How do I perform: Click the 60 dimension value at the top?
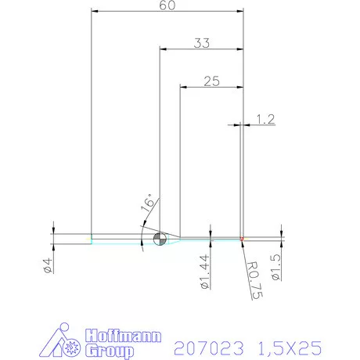pyautogui.click(x=166, y=5)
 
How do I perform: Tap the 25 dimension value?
pyautogui.click(x=211, y=80)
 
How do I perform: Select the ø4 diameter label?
pyautogui.click(x=48, y=265)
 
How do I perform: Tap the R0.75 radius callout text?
pyautogui.click(x=254, y=281)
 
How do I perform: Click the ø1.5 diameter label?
pyautogui.click(x=275, y=265)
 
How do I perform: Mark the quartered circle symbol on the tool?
pyautogui.click(x=159, y=239)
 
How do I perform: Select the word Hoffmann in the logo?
pyautogui.click(x=121, y=336)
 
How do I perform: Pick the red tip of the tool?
pyautogui.click(x=242, y=238)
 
